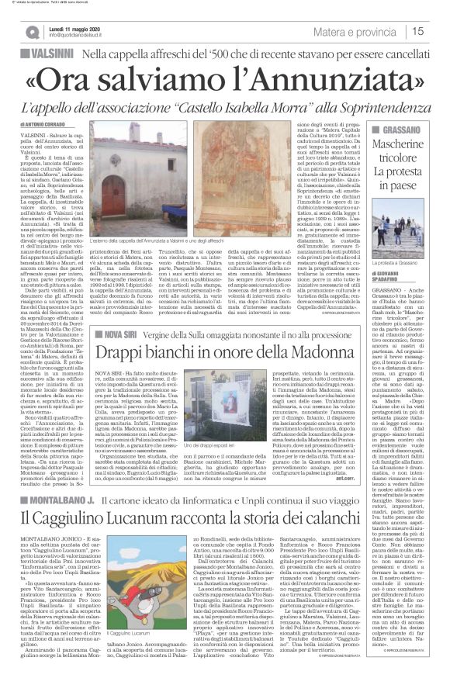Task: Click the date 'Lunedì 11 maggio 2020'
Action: [74, 26]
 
